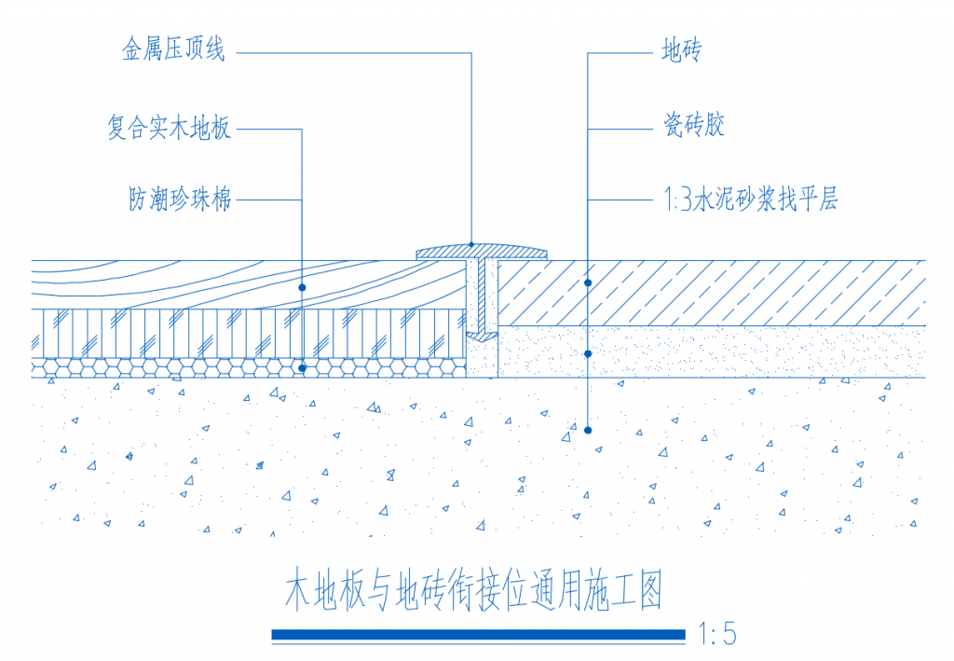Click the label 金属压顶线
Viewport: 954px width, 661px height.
(173, 49)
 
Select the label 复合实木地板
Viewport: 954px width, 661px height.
(170, 127)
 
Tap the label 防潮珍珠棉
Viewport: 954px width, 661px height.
(180, 199)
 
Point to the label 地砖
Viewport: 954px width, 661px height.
(682, 50)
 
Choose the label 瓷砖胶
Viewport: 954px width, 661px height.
(693, 125)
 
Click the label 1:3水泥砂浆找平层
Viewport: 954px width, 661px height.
(751, 199)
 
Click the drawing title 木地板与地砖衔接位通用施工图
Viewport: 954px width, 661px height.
(474, 590)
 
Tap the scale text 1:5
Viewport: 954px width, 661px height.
(718, 634)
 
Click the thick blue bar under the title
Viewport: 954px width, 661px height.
(478, 635)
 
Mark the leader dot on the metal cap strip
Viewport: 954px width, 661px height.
(471, 244)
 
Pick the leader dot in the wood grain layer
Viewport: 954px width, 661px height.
(302, 287)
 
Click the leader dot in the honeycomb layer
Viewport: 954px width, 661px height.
(302, 368)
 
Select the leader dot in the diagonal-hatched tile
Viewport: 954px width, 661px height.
(588, 283)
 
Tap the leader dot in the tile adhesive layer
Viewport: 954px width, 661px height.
(588, 353)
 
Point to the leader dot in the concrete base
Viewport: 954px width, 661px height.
(588, 431)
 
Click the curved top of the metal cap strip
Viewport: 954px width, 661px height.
(482, 251)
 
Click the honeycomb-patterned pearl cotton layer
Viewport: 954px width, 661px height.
(249, 367)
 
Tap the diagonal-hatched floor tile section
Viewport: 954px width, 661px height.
(712, 293)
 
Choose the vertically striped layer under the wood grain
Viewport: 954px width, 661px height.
(249, 334)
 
